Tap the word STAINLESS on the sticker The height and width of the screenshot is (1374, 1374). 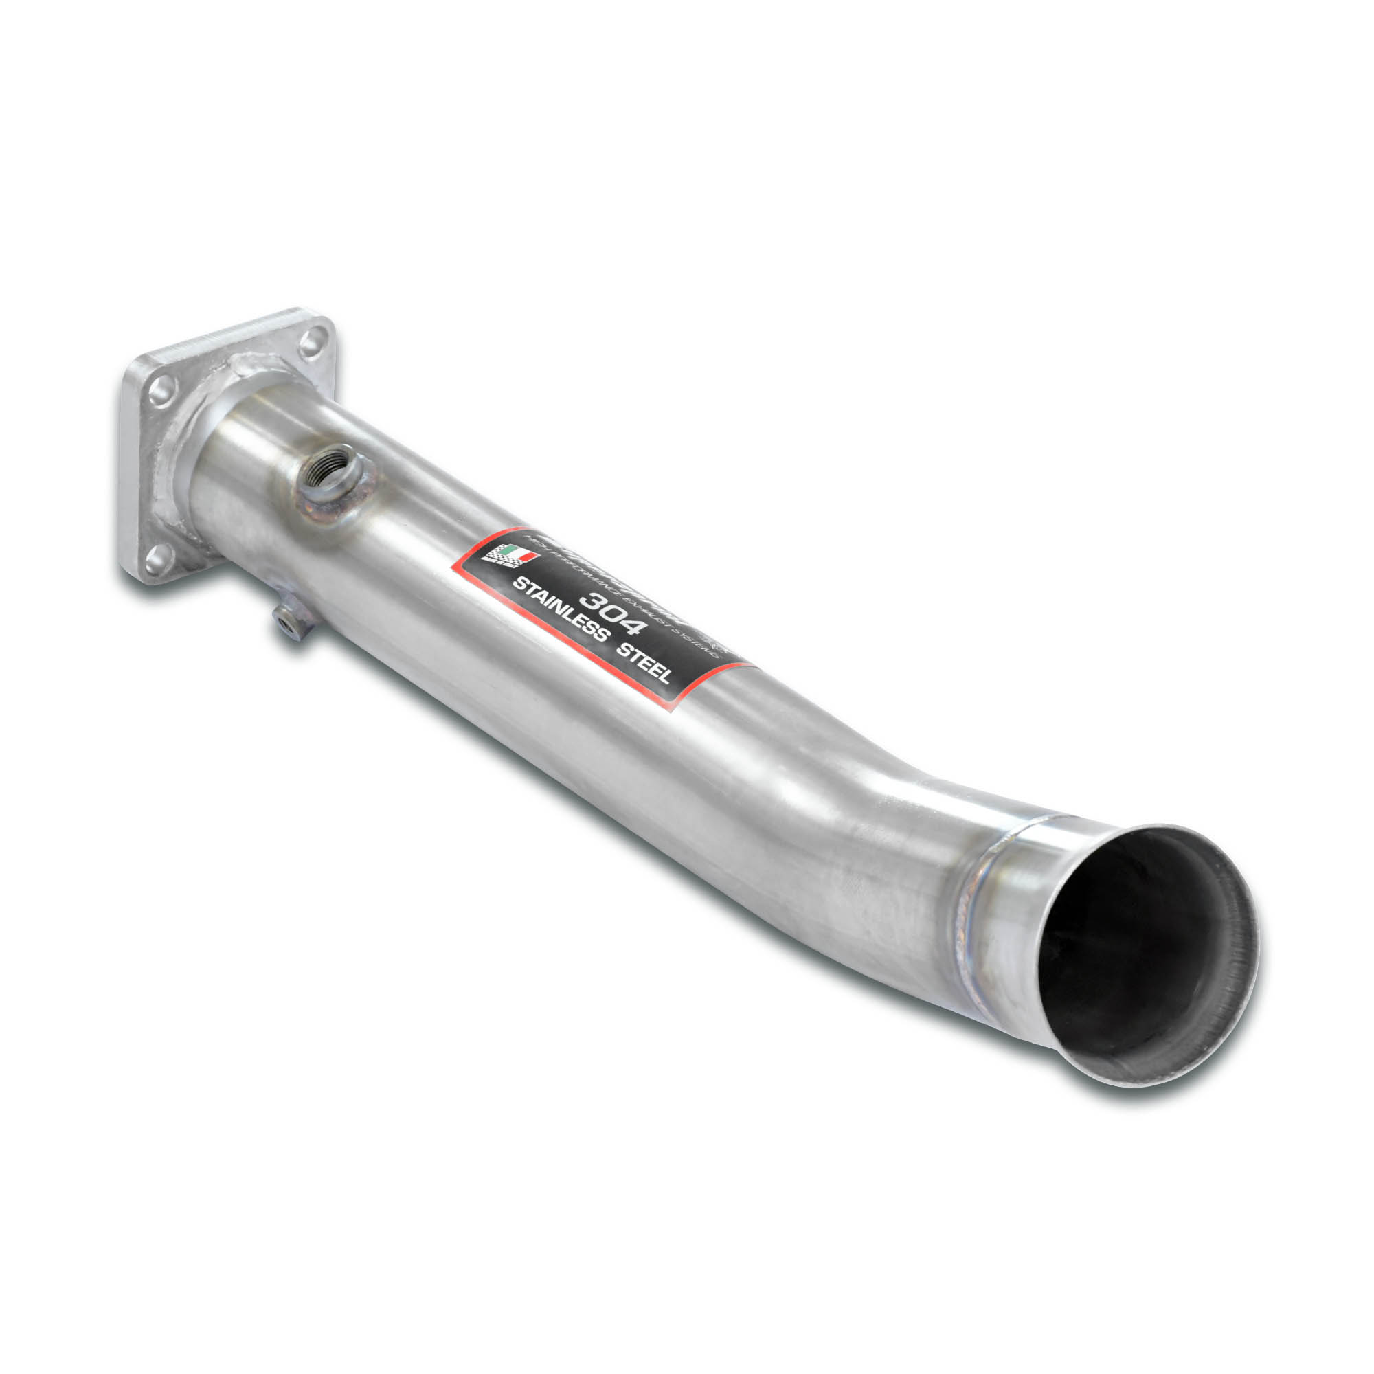point(561,611)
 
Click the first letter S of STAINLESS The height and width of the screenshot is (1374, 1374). point(518,585)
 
